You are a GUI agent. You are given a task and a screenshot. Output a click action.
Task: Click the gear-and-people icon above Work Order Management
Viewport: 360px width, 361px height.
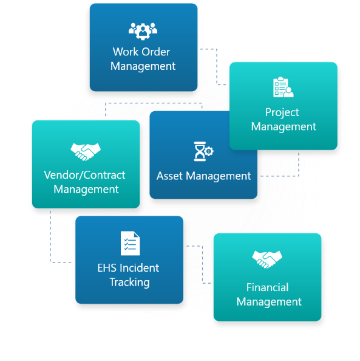143,32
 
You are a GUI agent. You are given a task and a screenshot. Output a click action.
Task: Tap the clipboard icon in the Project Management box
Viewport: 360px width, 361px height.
283,87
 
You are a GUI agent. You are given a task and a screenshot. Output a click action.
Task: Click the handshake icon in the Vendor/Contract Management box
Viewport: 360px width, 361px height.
86,152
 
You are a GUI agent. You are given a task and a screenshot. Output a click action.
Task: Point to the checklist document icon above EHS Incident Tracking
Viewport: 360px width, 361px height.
130,243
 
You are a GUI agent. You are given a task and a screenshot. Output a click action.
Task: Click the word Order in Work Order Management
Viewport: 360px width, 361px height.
156,52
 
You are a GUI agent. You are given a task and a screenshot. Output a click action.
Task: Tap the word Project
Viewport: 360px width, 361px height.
282,113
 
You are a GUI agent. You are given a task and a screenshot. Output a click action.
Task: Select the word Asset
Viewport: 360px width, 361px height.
170,176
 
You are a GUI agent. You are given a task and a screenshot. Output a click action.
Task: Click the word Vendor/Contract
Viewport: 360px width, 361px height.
84,175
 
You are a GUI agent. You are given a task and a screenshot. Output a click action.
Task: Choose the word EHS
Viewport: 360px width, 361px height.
107,268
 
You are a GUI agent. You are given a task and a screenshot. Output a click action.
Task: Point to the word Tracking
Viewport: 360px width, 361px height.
129,283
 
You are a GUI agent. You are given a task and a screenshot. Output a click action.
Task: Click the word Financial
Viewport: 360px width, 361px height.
268,287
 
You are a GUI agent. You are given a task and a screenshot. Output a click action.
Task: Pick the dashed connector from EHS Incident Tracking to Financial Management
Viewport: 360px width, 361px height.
202,264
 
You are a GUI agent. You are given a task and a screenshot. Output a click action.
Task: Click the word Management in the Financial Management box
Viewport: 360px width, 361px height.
269,302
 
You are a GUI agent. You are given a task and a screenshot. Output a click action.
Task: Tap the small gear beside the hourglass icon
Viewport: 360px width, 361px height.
209,151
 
